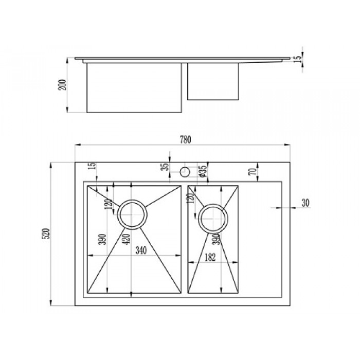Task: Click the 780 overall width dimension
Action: point(185,139)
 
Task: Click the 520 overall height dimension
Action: point(46,233)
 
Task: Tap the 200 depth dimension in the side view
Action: point(62,85)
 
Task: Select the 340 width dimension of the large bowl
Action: point(141,250)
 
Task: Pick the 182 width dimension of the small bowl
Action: point(210,257)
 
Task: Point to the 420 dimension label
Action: point(127,239)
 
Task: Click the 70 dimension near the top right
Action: point(253,172)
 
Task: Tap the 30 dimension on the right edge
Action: point(305,203)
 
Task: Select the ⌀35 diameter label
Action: point(204,171)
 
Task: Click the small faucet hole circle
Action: point(185,172)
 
